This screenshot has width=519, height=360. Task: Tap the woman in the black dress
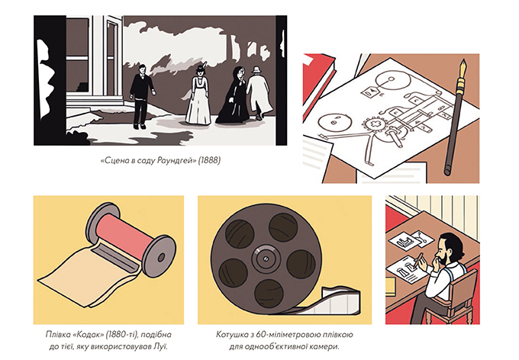pos(233,98)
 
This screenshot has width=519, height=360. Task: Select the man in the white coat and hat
pos(259,92)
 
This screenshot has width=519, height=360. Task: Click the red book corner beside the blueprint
pos(318,77)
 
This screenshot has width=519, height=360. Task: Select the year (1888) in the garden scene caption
pos(209,160)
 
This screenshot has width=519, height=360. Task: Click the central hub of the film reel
pos(266,258)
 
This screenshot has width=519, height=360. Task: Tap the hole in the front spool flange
pos(161,257)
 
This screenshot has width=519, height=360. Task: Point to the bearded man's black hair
pos(452,244)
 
